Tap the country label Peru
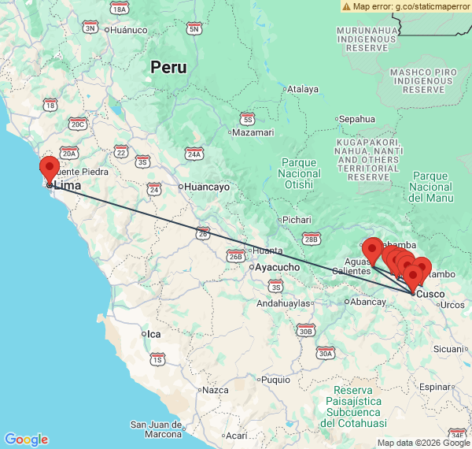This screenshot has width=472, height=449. (169, 68)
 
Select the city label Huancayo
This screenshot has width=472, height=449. (206, 187)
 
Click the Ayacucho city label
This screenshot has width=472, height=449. (275, 267)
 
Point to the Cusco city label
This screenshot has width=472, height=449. (430, 294)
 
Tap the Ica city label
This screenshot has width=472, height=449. (153, 334)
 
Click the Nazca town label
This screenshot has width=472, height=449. (215, 390)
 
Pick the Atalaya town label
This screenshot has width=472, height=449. (301, 90)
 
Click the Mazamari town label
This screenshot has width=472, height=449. (253, 133)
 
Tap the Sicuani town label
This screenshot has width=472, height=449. (449, 348)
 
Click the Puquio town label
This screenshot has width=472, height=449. (275, 380)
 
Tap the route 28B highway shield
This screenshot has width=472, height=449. (312, 239)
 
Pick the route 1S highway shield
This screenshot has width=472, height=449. (157, 360)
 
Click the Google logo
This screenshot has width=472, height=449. (26, 440)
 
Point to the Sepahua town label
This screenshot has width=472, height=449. (356, 119)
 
